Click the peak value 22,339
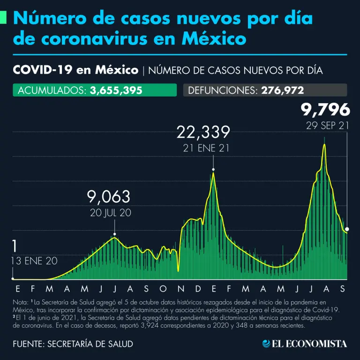coord(203,133)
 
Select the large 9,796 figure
coord(325,110)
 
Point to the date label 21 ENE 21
coord(203,149)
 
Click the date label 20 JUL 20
coord(111,212)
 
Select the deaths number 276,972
coord(283,90)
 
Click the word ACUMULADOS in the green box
coord(51,90)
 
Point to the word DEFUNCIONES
coord(221,90)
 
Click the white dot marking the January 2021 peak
coord(213,169)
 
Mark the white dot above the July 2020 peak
coord(115,234)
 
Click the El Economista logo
coord(305,344)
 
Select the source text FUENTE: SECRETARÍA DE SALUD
coord(73,344)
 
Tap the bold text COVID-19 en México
coord(75,70)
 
